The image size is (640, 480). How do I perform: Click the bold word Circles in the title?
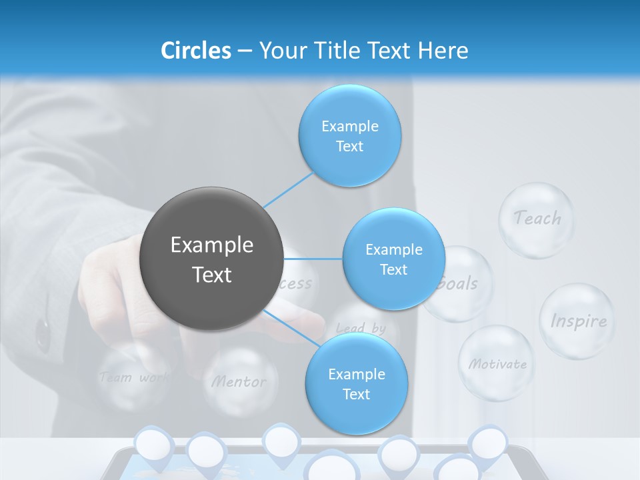196,51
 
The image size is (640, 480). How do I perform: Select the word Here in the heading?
443,51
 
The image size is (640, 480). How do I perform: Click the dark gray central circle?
211,259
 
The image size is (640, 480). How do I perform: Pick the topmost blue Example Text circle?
349,135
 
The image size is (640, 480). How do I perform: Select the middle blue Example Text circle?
393,259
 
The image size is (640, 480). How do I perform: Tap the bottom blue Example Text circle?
356,383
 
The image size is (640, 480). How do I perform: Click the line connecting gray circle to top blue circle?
288,189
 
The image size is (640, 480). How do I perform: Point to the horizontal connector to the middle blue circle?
313,259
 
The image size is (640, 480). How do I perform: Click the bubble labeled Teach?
537,219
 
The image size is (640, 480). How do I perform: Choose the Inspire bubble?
577,321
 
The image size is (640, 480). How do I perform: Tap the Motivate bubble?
496,363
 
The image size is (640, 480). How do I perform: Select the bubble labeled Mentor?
239,382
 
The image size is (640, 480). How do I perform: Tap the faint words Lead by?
361,328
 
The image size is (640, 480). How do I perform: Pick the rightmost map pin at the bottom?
489,443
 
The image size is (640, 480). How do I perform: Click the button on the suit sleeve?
43,333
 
